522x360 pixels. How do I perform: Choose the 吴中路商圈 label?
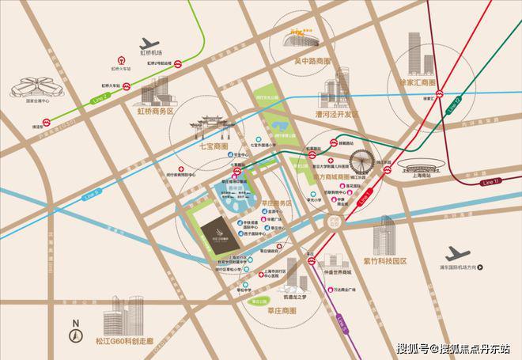[x=306, y=60]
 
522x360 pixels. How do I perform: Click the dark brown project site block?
[x=216, y=234]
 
